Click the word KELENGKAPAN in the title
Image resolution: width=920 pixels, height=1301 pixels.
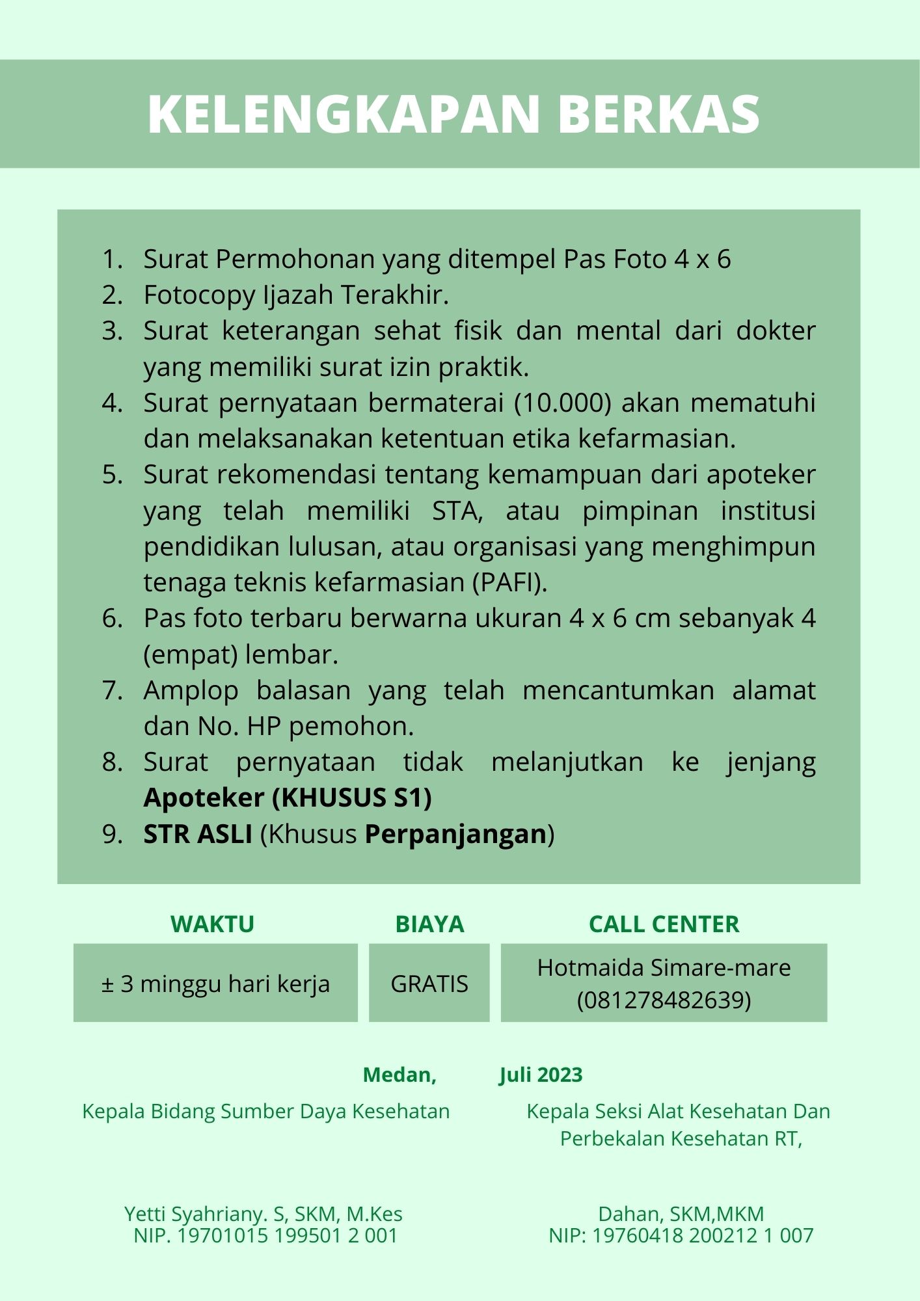click(344, 114)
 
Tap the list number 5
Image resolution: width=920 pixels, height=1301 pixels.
click(112, 475)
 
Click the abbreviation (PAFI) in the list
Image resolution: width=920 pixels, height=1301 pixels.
click(509, 582)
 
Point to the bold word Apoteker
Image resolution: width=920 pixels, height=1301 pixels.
click(204, 798)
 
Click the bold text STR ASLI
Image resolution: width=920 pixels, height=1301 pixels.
click(198, 834)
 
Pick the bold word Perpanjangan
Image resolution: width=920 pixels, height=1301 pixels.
click(455, 834)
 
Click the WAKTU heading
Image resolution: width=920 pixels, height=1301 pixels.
click(212, 924)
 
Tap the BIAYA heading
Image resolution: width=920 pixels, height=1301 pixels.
click(429, 924)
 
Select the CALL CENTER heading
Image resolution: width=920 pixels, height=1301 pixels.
click(664, 924)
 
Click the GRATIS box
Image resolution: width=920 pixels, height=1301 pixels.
click(429, 984)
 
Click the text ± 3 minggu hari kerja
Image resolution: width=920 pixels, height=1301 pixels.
click(215, 984)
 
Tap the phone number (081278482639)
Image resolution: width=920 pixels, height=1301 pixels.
click(664, 1000)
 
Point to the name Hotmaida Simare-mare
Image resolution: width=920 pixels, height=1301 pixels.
click(664, 968)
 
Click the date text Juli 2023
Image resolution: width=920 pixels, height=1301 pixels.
click(541, 1075)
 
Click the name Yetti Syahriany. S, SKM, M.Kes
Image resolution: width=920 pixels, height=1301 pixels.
click(264, 1214)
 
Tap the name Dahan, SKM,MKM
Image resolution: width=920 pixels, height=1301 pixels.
click(681, 1214)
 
